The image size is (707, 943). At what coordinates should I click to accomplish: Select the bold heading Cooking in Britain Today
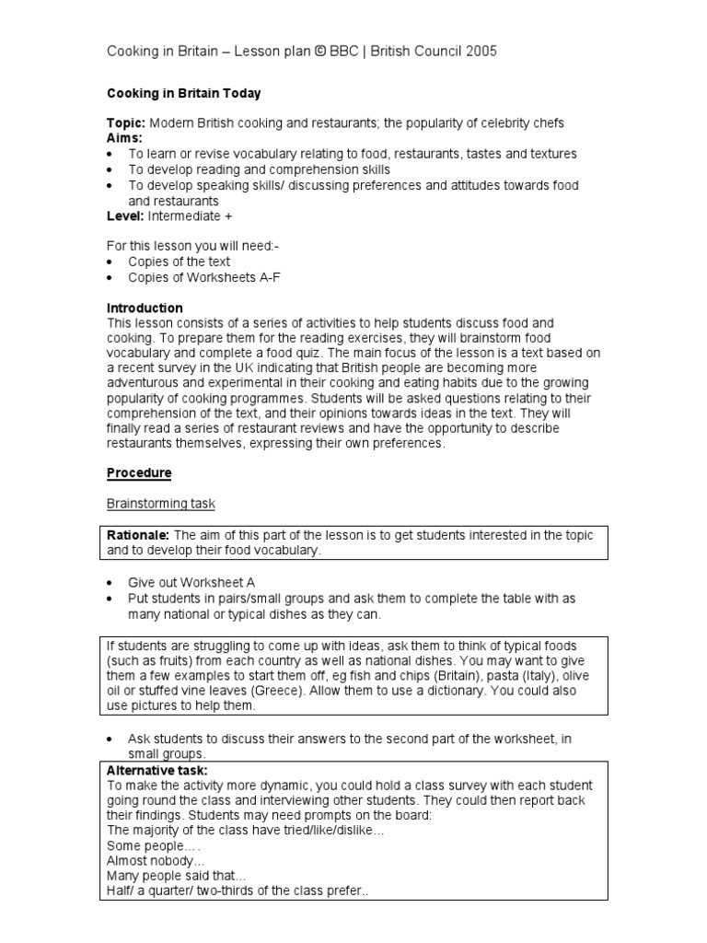(x=183, y=94)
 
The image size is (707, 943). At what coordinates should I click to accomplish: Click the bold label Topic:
(x=125, y=123)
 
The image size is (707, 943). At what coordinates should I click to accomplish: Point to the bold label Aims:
(x=124, y=138)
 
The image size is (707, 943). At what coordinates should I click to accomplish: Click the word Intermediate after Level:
(x=184, y=216)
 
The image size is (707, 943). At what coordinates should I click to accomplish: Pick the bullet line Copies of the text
(x=179, y=262)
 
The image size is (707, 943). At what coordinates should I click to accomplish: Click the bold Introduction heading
(x=145, y=308)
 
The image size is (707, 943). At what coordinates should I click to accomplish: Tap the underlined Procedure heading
(x=139, y=473)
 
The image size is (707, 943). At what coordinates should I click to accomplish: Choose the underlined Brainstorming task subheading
(x=161, y=504)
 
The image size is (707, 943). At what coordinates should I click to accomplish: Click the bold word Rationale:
(x=138, y=535)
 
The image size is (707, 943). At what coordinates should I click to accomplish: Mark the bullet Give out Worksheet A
(x=191, y=583)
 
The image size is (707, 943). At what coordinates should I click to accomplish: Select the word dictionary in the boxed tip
(x=491, y=692)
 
